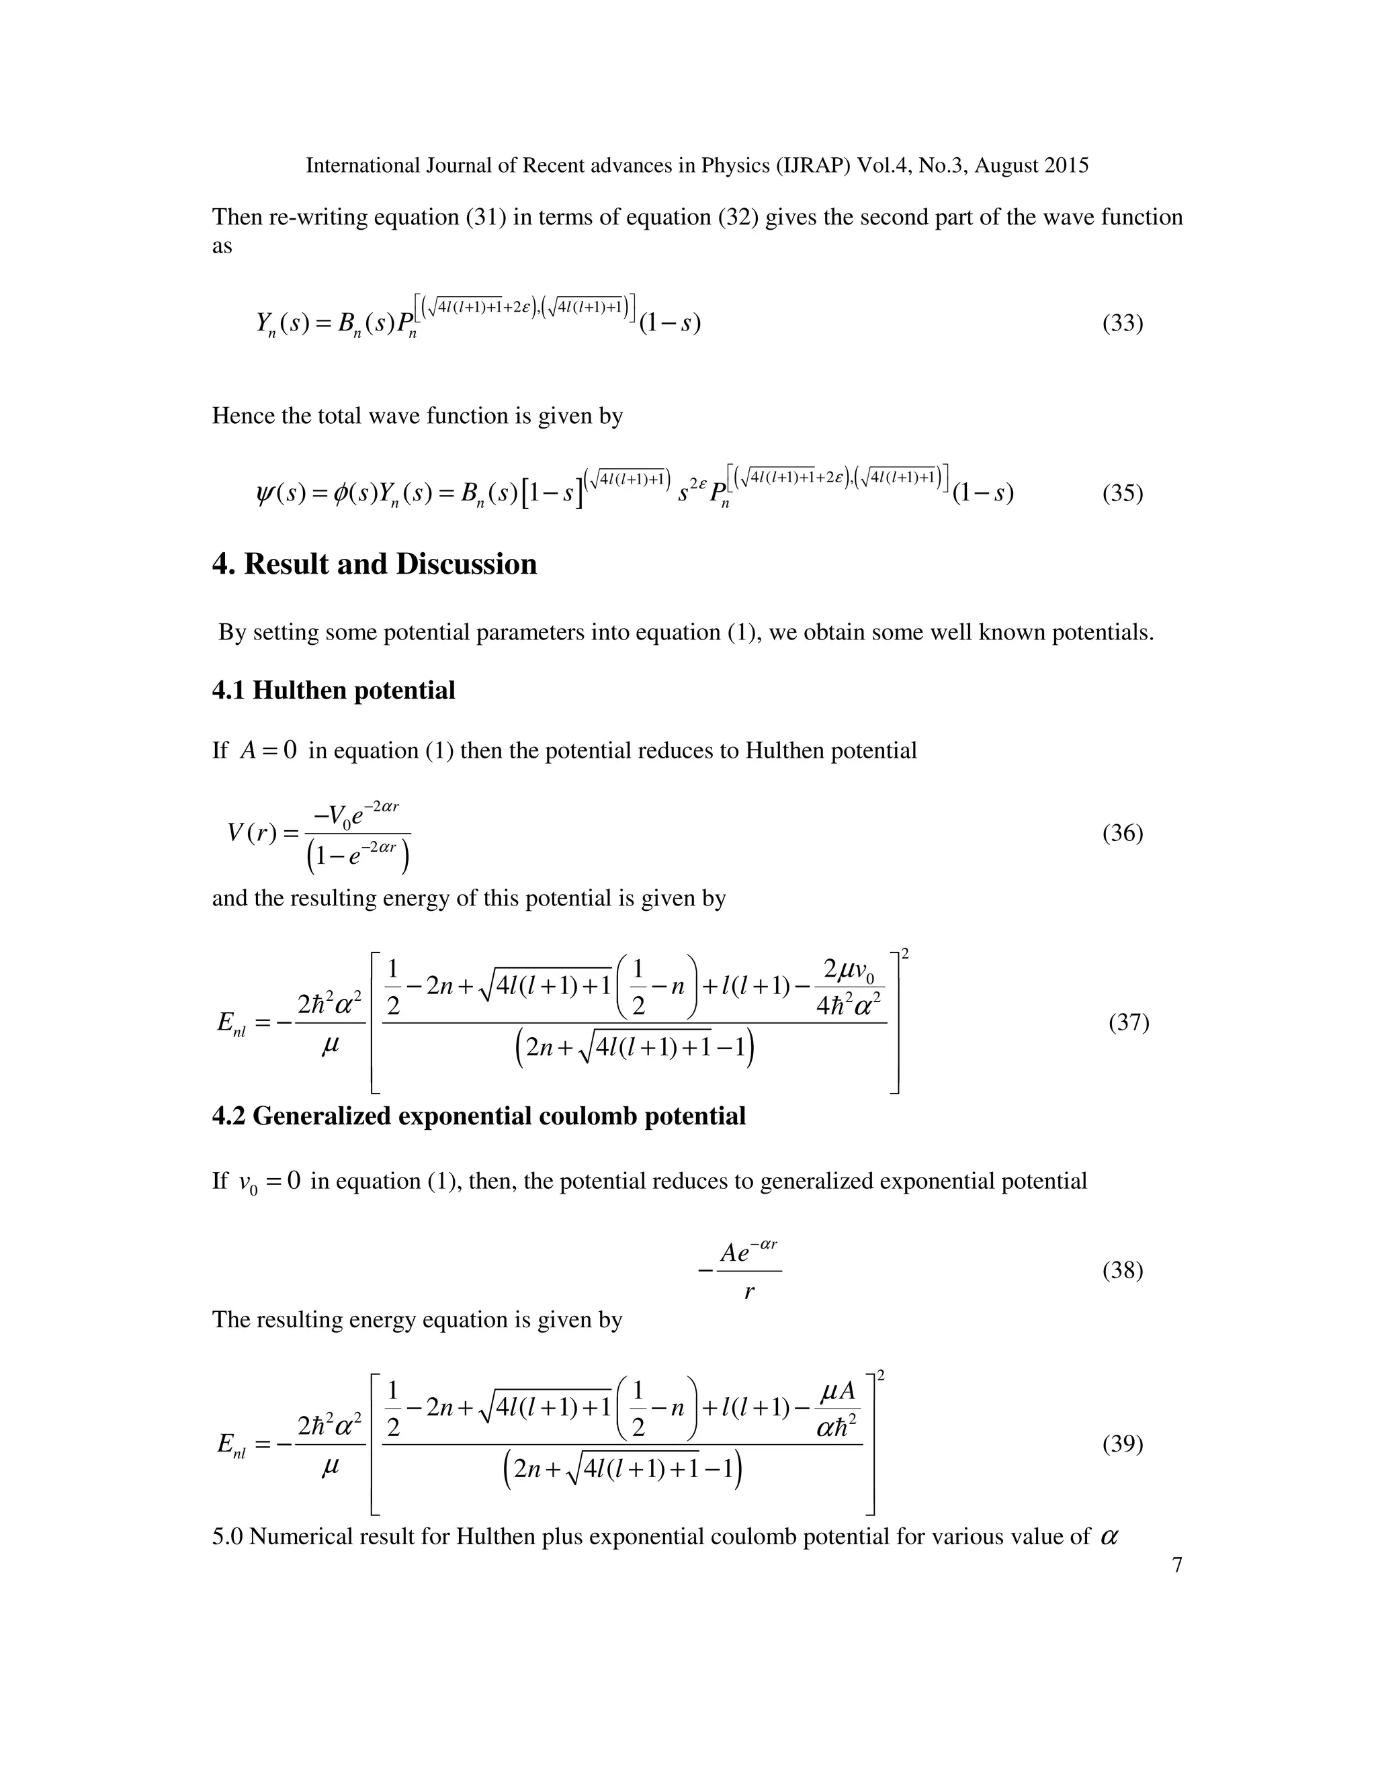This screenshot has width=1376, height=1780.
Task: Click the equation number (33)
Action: pos(1123,324)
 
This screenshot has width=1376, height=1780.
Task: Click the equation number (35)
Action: pos(1123,493)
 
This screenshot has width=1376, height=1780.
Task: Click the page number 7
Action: pos(1176,1565)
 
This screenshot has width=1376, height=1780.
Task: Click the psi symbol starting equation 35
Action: pos(265,493)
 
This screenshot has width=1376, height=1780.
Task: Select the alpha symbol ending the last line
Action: pos(1109,1537)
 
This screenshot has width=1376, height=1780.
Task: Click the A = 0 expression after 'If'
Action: pos(268,750)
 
